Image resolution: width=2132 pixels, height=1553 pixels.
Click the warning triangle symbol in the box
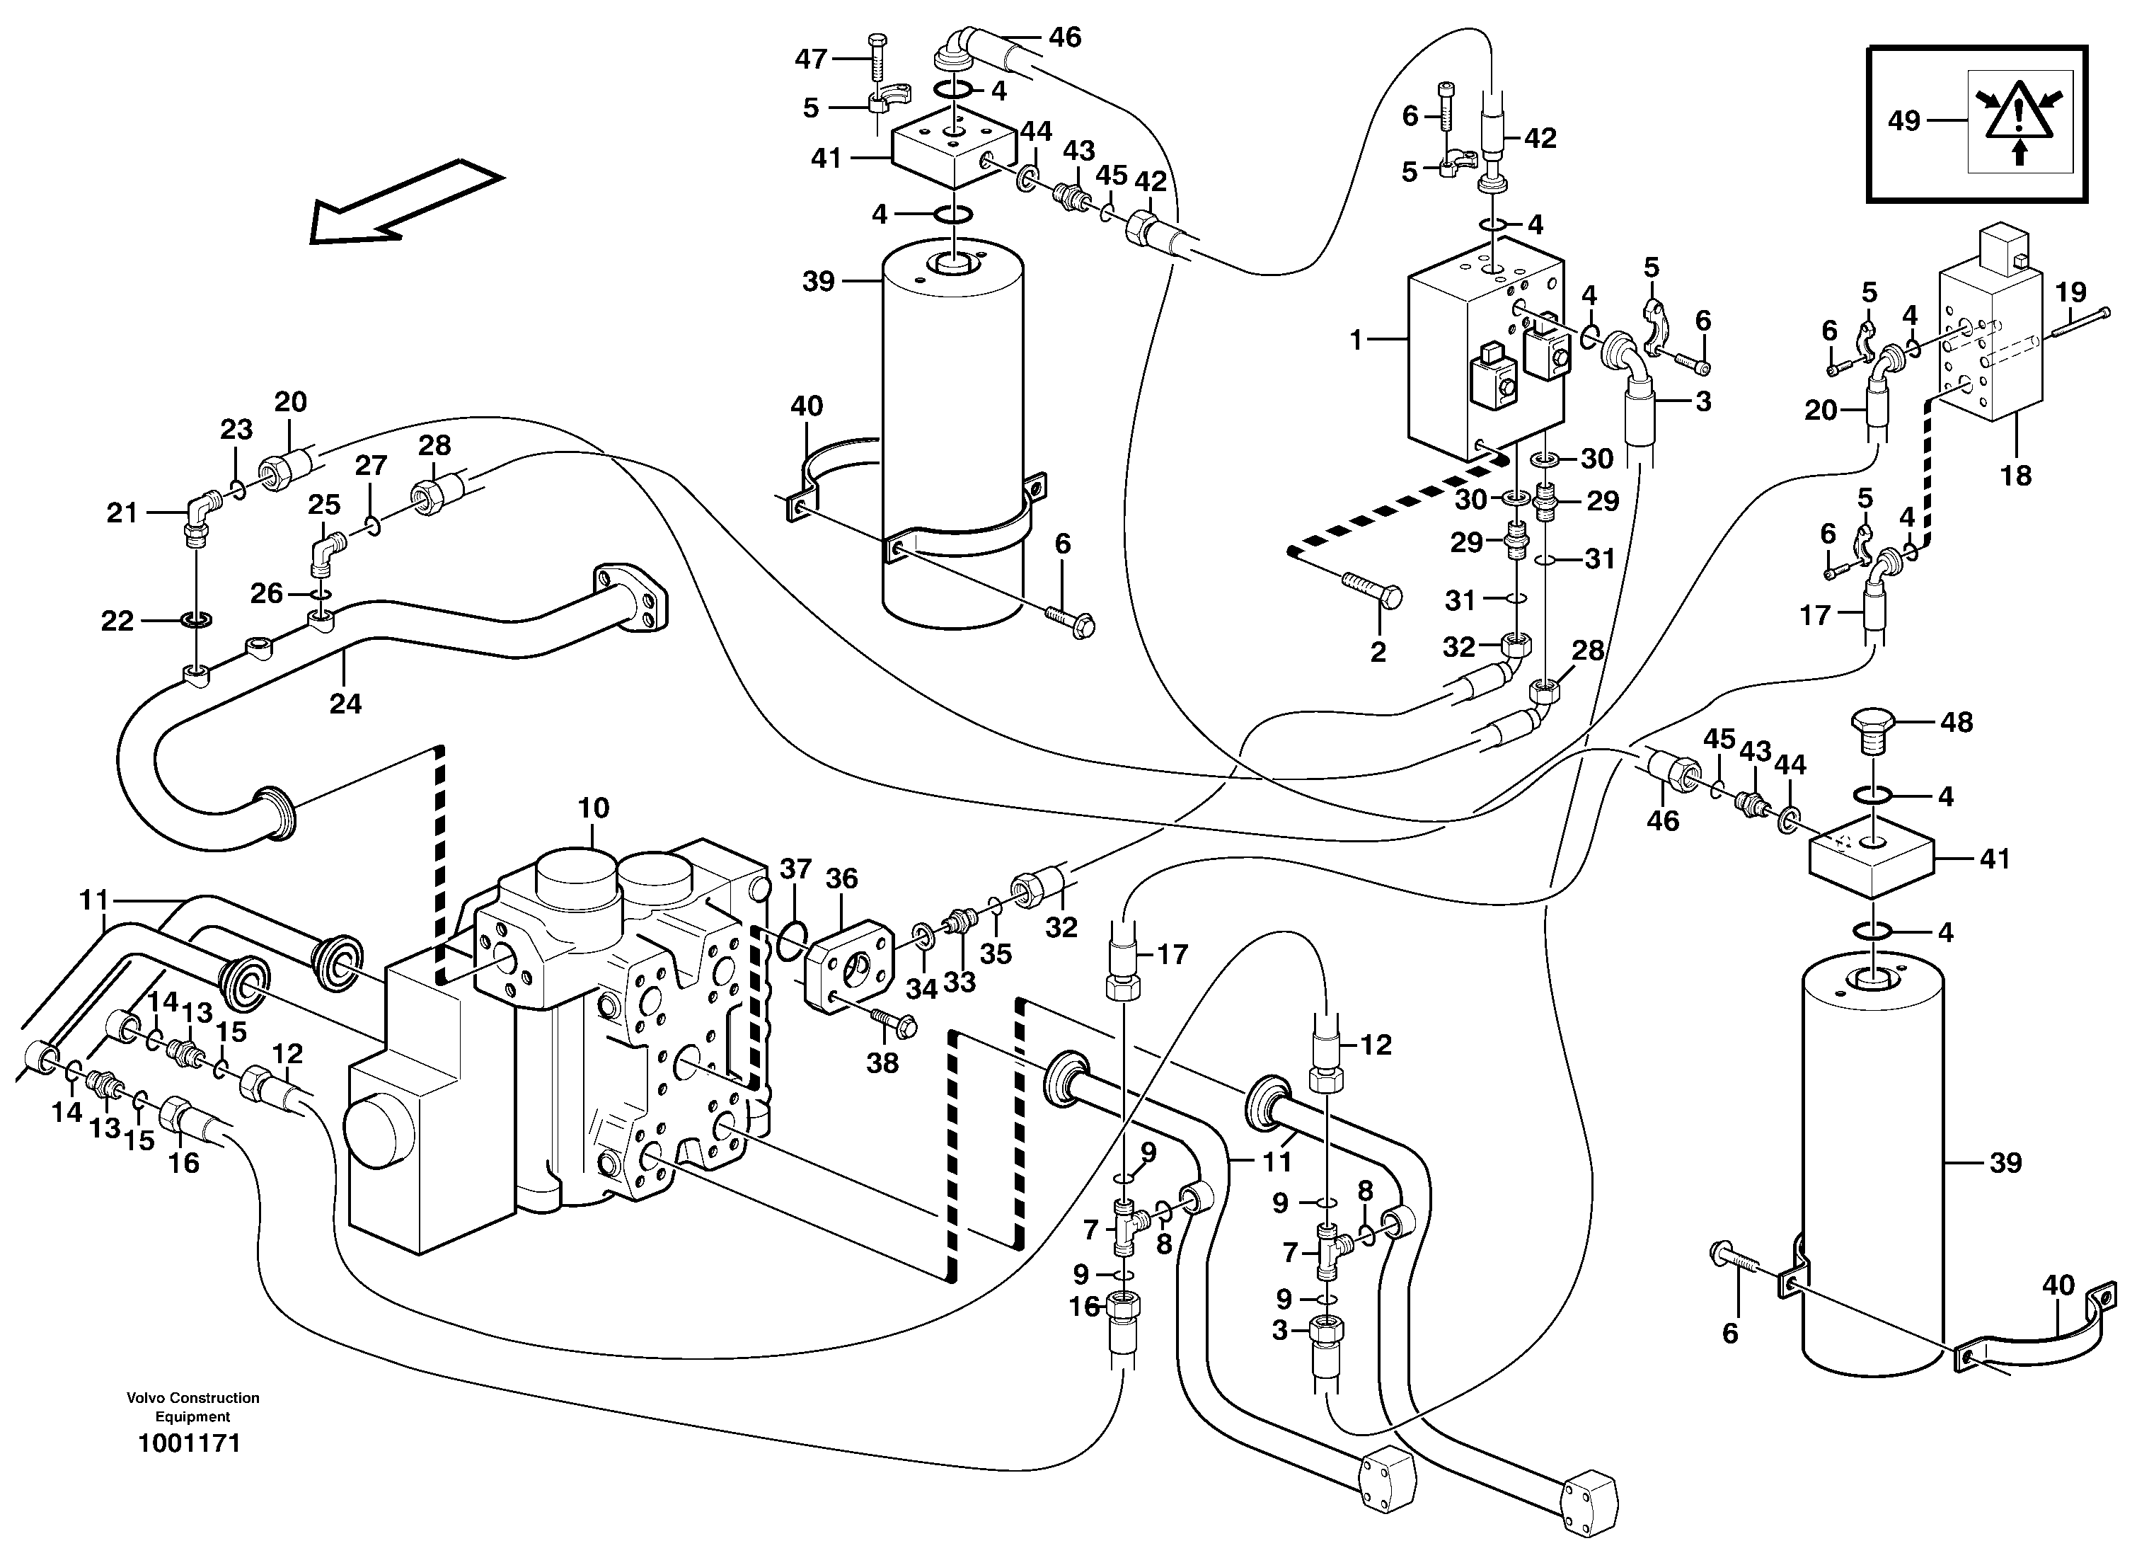pos(2020,120)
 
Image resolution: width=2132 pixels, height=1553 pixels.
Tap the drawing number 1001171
pos(189,1444)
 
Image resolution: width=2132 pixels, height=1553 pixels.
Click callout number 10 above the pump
pos(593,808)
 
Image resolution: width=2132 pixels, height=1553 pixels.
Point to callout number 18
pos(2015,476)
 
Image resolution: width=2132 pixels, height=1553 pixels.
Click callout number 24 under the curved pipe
pos(345,703)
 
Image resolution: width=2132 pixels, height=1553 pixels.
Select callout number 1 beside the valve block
pos(1356,340)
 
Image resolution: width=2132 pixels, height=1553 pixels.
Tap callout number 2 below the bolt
pos(1378,651)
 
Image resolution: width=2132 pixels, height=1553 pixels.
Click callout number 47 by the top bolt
pos(810,59)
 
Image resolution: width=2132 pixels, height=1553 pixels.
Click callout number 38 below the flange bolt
pos(882,1063)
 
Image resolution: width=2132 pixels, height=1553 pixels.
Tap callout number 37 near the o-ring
pos(795,869)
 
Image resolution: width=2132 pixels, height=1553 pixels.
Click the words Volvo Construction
pos(192,1398)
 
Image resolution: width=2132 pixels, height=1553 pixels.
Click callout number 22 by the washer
pos(117,621)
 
